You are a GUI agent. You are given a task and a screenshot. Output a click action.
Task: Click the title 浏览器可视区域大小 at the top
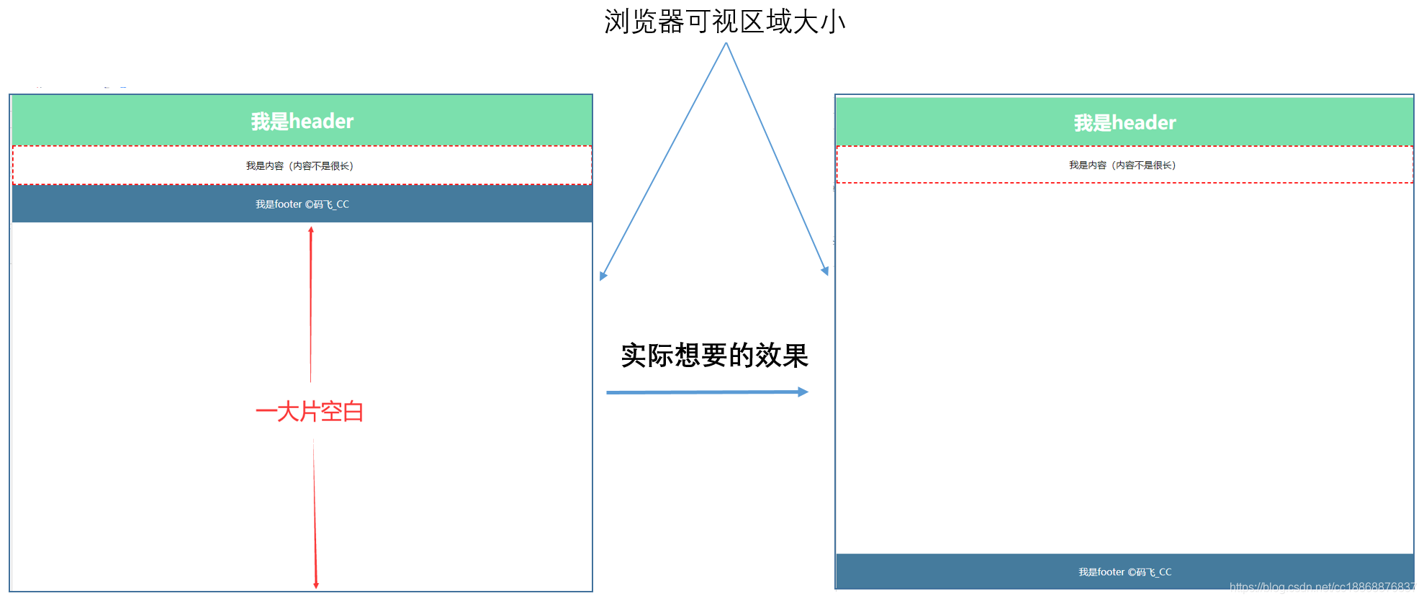point(724,22)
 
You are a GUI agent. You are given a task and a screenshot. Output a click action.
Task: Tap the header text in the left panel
point(302,121)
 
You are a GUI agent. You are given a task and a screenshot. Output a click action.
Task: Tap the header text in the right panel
point(1125,123)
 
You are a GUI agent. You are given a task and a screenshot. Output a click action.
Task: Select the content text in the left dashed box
point(299,166)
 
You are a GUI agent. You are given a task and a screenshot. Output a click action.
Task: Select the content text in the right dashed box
point(1122,166)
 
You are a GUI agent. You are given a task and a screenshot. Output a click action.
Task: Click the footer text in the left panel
point(302,204)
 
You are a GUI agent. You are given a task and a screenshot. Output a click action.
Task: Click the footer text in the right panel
point(1125,572)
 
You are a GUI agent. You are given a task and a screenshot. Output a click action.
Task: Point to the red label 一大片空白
point(310,412)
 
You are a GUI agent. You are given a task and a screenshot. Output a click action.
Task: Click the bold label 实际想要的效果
point(714,356)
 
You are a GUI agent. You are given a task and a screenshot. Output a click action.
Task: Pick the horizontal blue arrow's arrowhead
point(803,392)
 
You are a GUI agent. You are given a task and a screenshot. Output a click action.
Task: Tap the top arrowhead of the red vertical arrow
point(311,230)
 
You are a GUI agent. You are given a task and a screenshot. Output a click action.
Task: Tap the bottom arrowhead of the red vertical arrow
point(316,584)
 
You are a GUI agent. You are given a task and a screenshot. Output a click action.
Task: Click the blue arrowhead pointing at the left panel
point(603,276)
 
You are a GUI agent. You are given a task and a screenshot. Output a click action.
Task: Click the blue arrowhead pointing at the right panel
point(825,271)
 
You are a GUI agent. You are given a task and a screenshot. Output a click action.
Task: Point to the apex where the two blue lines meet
point(726,43)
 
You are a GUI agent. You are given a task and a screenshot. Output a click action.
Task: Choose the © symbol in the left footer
point(309,204)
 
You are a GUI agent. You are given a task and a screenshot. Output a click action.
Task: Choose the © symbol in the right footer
point(1132,572)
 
